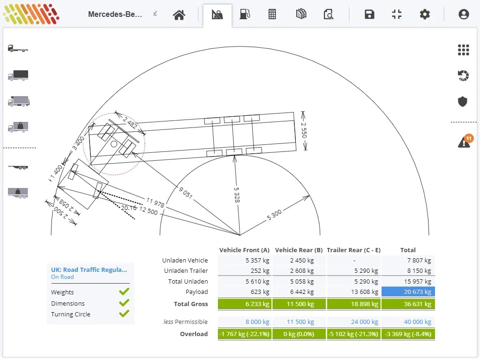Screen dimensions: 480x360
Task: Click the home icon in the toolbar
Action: (179, 15)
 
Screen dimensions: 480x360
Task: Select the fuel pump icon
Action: (245, 14)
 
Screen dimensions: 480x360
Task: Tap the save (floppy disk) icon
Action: (369, 14)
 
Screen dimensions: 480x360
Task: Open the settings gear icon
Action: (425, 14)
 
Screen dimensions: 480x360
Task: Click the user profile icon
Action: (464, 14)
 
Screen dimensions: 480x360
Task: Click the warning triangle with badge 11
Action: (465, 141)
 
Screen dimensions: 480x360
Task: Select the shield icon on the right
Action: (463, 101)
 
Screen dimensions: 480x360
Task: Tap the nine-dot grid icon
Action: (464, 50)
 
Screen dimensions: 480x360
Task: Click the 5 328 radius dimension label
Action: (237, 195)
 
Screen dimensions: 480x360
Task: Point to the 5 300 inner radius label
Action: (274, 215)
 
